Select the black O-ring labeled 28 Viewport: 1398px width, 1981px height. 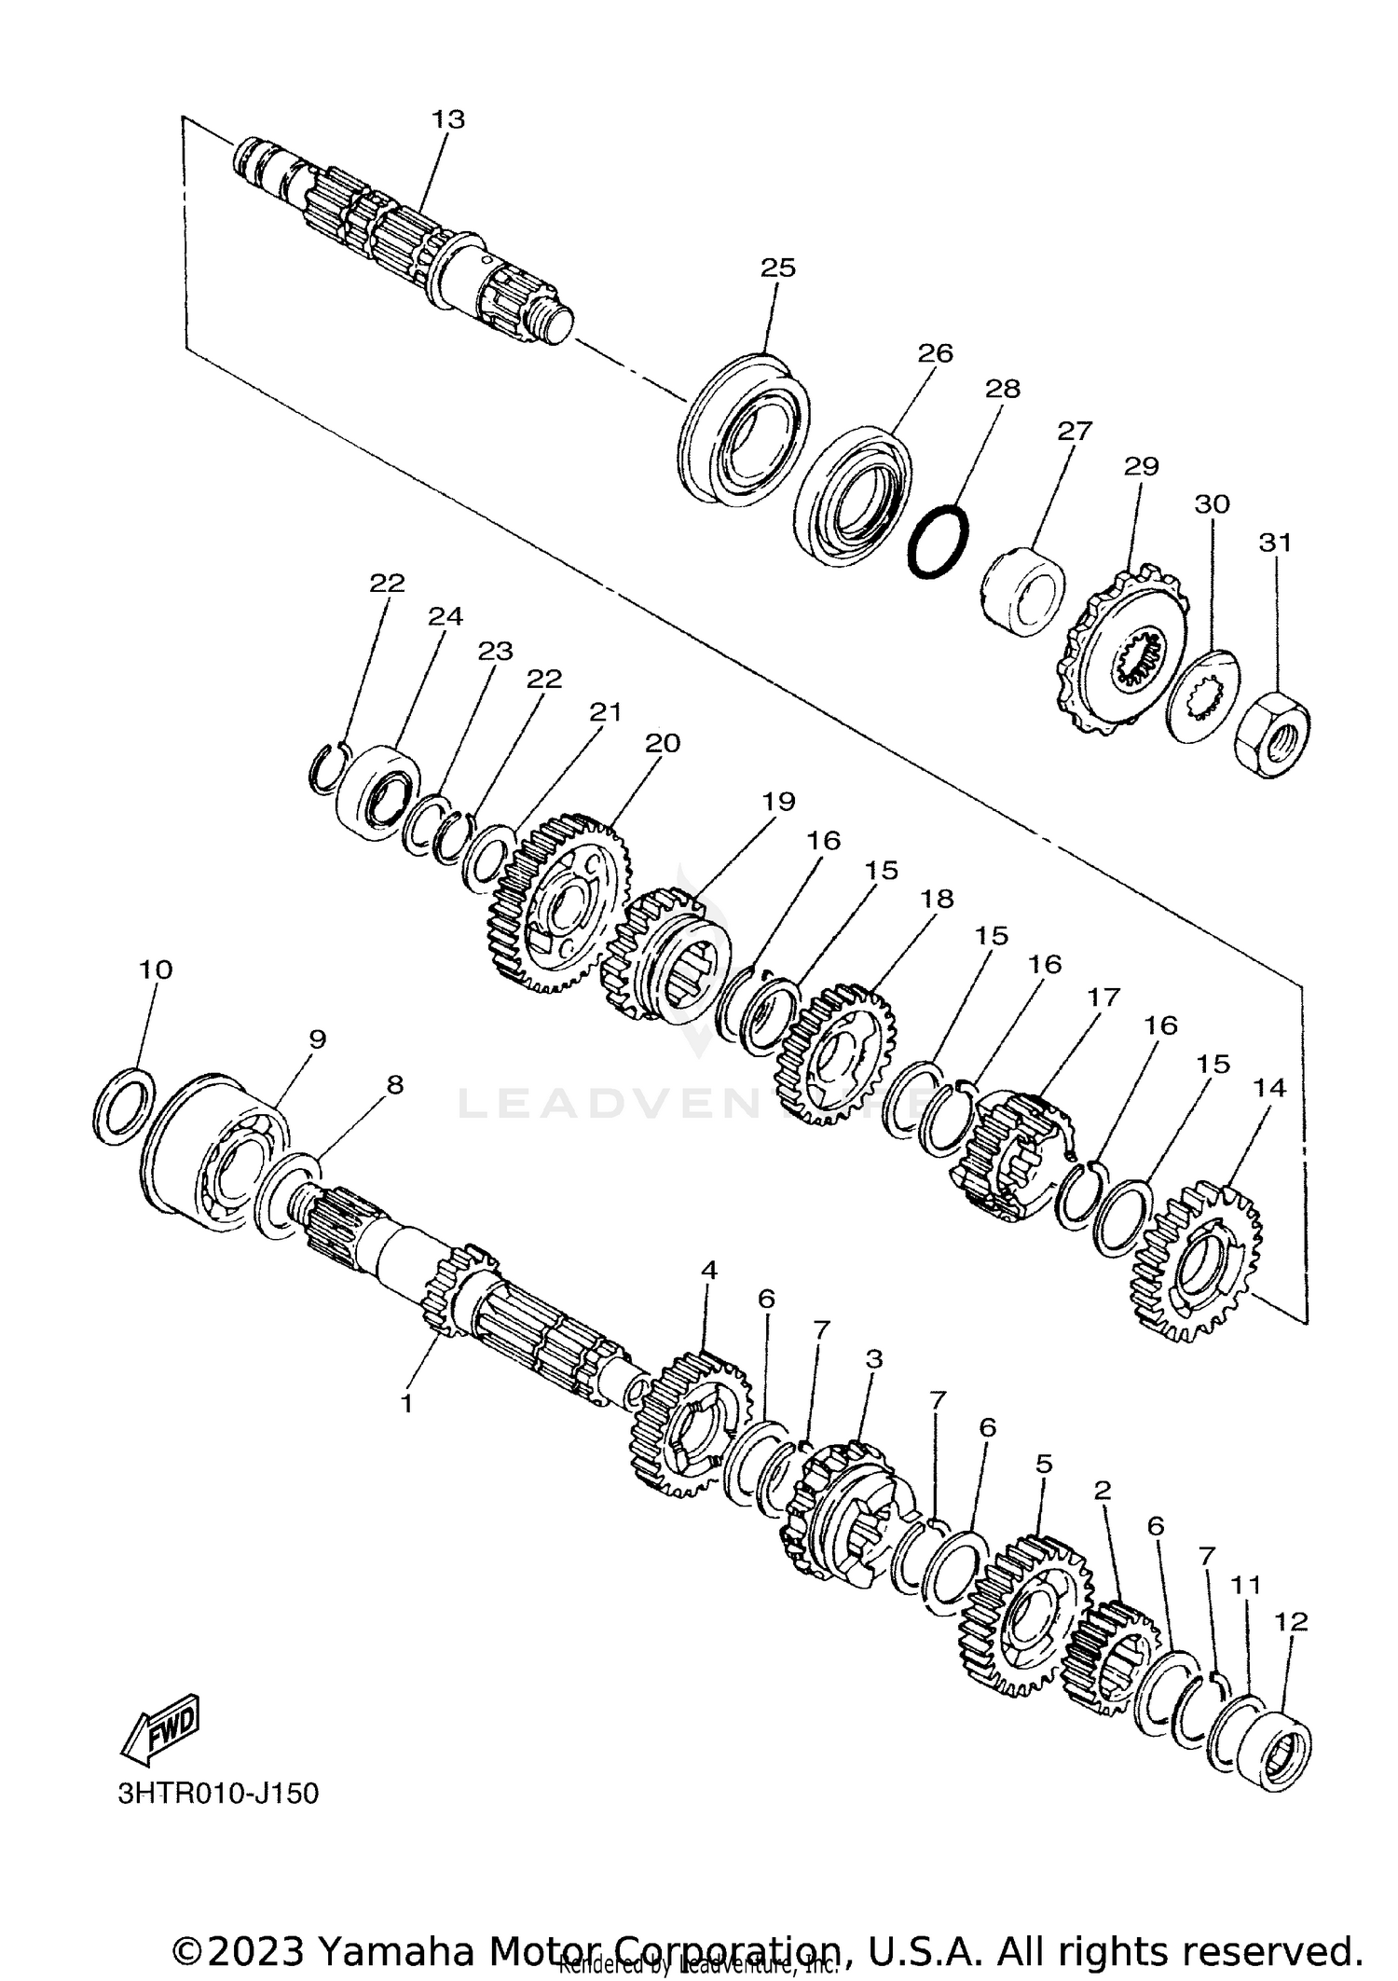(938, 542)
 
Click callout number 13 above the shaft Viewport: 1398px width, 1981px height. (447, 119)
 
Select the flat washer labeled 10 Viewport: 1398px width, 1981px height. (125, 1105)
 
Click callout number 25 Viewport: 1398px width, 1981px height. (778, 268)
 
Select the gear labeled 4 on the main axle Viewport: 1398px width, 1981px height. (691, 1426)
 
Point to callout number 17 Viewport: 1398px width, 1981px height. (1103, 997)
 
